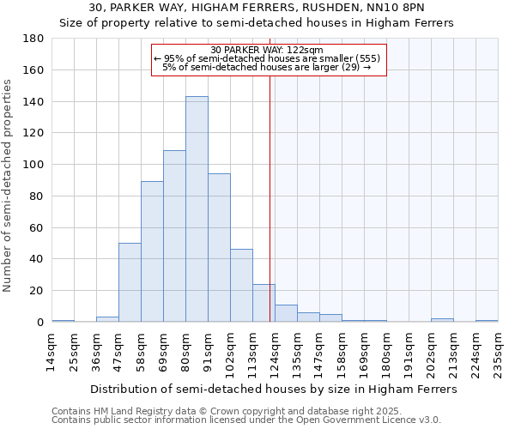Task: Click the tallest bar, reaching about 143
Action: [x=197, y=209]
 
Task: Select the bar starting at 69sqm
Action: [x=174, y=236]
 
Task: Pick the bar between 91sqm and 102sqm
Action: [x=219, y=248]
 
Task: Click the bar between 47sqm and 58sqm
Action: [x=130, y=282]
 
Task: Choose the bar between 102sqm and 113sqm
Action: [x=241, y=286]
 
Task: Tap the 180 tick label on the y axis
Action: [x=34, y=39]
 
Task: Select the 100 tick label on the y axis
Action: [x=34, y=165]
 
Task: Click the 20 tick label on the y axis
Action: [x=38, y=291]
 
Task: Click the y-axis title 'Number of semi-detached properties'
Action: [x=9, y=185]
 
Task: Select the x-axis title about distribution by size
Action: [x=274, y=390]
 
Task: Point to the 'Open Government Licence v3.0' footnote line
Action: [x=246, y=420]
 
